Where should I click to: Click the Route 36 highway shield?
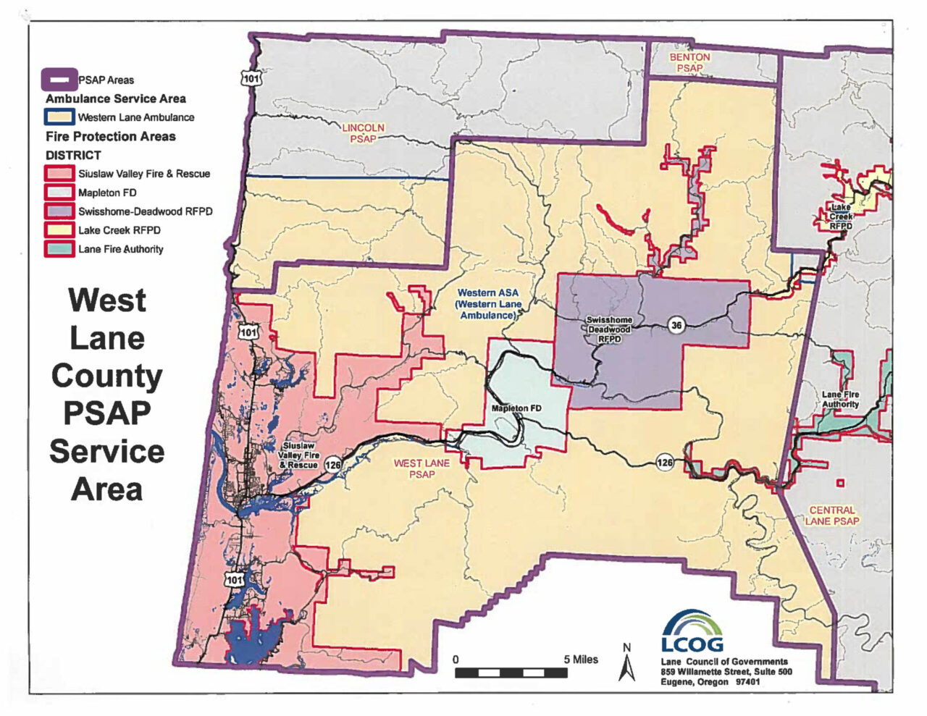[676, 325]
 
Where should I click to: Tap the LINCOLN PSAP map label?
[363, 133]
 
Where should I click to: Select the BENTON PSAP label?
[689, 62]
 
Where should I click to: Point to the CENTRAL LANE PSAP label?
[832, 515]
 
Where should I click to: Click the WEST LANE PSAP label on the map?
[421, 468]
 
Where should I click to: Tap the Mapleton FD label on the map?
[516, 408]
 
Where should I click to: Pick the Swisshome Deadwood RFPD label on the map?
[609, 329]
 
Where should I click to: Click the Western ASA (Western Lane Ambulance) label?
[488, 304]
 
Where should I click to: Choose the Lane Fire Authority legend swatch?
[59, 249]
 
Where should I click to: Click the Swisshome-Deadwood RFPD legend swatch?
[59, 211]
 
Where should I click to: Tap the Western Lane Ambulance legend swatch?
[59, 117]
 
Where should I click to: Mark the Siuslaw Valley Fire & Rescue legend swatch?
[59, 174]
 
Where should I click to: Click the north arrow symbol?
[626, 662]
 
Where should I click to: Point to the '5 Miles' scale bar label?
[581, 660]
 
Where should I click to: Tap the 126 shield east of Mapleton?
[665, 462]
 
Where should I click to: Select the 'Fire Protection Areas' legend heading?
[111, 136]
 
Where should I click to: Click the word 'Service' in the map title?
[107, 451]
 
